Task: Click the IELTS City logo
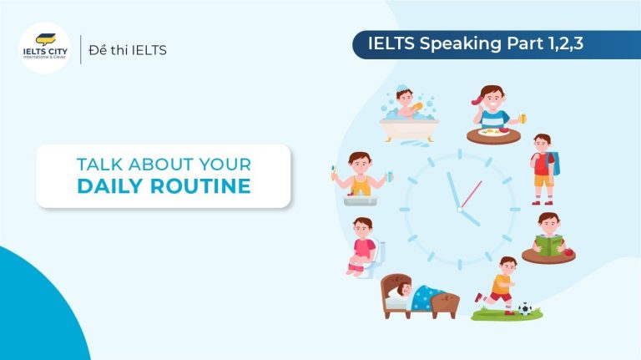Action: click(x=47, y=48)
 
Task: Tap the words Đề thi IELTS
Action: click(x=129, y=50)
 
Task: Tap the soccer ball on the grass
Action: click(x=524, y=308)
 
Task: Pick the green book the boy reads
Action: click(x=548, y=245)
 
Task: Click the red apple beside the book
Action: click(x=568, y=248)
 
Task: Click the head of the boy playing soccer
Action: click(x=507, y=265)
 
